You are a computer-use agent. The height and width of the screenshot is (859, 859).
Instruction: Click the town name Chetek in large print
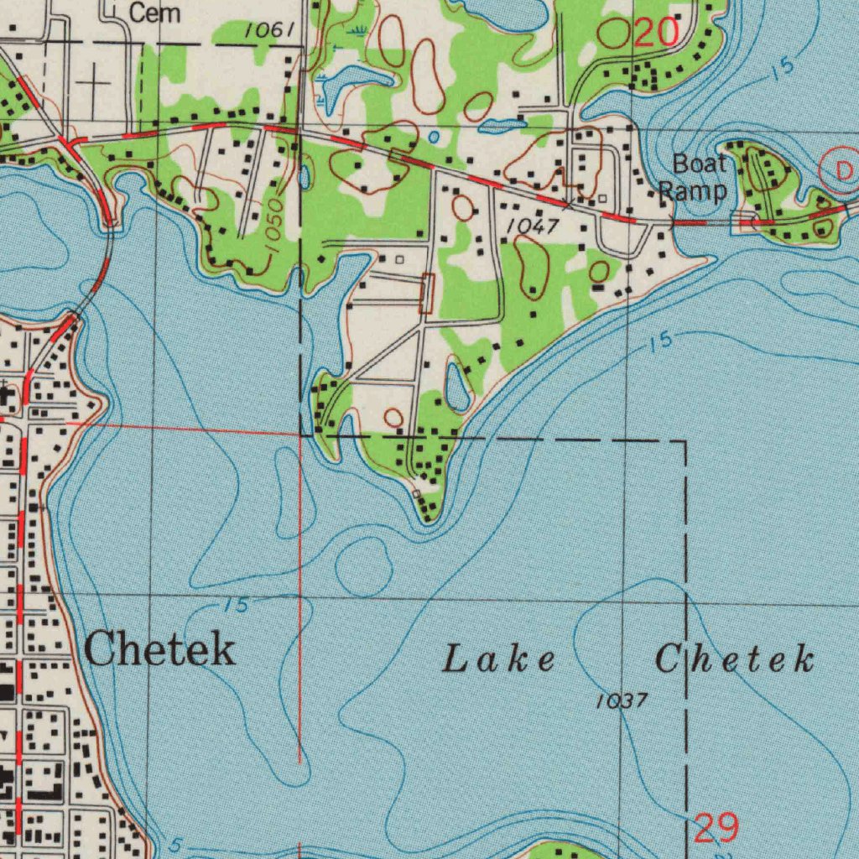click(x=159, y=650)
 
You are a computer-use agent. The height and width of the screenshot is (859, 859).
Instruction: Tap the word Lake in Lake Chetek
click(x=498, y=659)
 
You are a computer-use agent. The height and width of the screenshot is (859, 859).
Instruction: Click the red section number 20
click(x=655, y=33)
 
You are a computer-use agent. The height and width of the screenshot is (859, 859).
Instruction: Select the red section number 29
click(x=716, y=829)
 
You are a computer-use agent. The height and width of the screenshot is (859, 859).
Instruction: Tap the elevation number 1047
click(x=534, y=226)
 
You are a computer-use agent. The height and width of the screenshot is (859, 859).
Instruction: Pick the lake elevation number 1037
click(x=622, y=700)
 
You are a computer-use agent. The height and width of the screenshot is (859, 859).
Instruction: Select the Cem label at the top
click(x=154, y=13)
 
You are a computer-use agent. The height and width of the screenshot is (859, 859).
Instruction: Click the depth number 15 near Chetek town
click(x=237, y=605)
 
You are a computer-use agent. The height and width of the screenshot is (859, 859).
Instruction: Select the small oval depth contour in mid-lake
click(x=363, y=566)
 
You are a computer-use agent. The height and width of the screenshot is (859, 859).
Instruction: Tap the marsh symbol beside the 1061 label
click(x=357, y=31)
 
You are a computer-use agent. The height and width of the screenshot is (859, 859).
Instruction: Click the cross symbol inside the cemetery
click(x=95, y=84)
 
